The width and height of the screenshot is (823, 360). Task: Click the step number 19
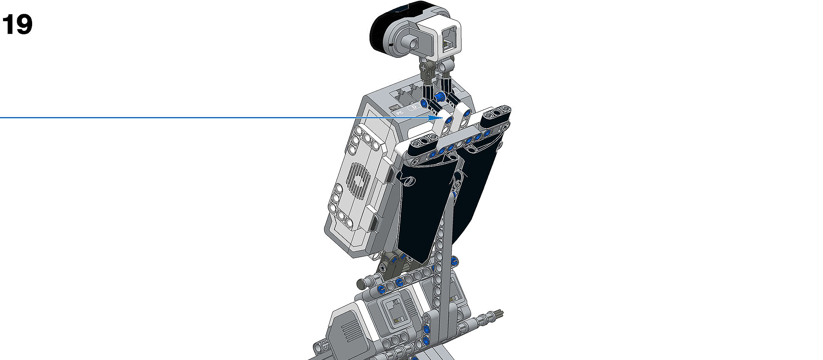[17, 25]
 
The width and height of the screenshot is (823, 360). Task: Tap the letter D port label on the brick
[414, 107]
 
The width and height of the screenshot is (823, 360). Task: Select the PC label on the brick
[399, 112]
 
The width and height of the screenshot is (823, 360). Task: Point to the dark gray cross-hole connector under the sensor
[425, 69]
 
